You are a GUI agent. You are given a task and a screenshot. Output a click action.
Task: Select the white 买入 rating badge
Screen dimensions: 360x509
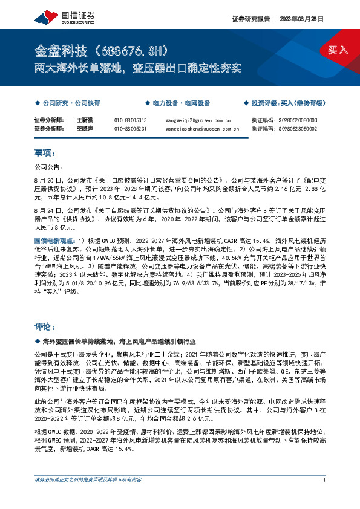tap(338, 50)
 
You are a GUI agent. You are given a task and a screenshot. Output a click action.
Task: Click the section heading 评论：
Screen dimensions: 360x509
tap(45, 326)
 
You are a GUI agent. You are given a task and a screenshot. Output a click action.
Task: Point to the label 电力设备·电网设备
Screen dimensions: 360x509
tap(181, 103)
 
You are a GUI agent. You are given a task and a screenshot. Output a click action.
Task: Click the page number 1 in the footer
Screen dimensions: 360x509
tap(325, 497)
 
